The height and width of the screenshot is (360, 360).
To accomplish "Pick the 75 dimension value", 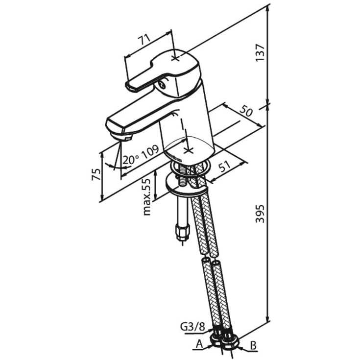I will (96, 174).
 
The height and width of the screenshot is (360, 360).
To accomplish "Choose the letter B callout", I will (253, 346).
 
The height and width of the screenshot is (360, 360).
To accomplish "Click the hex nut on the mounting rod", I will (182, 231).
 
